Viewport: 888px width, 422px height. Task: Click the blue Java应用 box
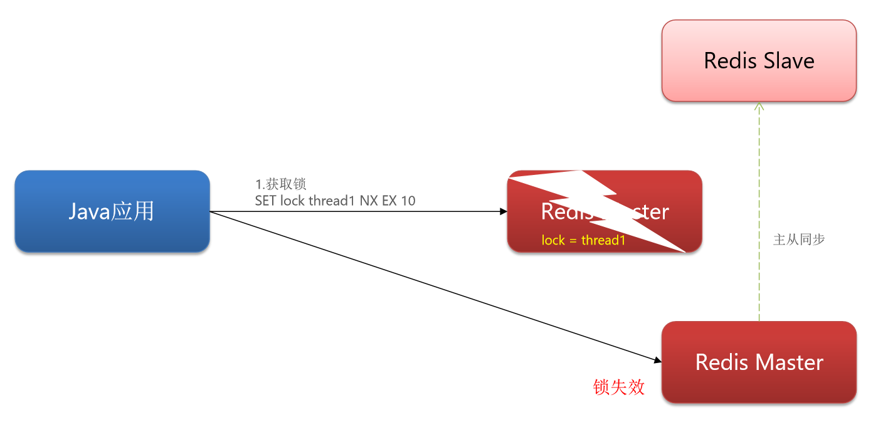[x=112, y=211]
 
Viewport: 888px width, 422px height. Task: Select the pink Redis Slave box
[x=759, y=60]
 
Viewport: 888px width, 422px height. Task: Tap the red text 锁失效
[x=618, y=387]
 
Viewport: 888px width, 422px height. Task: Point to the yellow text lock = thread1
[x=583, y=240]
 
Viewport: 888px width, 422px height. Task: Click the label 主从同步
[x=799, y=240]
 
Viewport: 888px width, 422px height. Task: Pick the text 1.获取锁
[x=280, y=184]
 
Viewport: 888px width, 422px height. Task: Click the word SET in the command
[x=266, y=201]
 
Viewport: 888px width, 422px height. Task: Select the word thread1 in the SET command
[x=332, y=201]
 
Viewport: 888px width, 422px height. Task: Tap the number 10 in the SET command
[x=408, y=201]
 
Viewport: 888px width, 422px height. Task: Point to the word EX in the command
[x=389, y=201]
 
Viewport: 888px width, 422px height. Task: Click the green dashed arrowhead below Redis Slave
[x=759, y=106]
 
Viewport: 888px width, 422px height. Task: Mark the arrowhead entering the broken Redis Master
[x=503, y=212]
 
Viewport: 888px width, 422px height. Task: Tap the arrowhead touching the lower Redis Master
[x=658, y=361]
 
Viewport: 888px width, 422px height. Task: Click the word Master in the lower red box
[x=788, y=362]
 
